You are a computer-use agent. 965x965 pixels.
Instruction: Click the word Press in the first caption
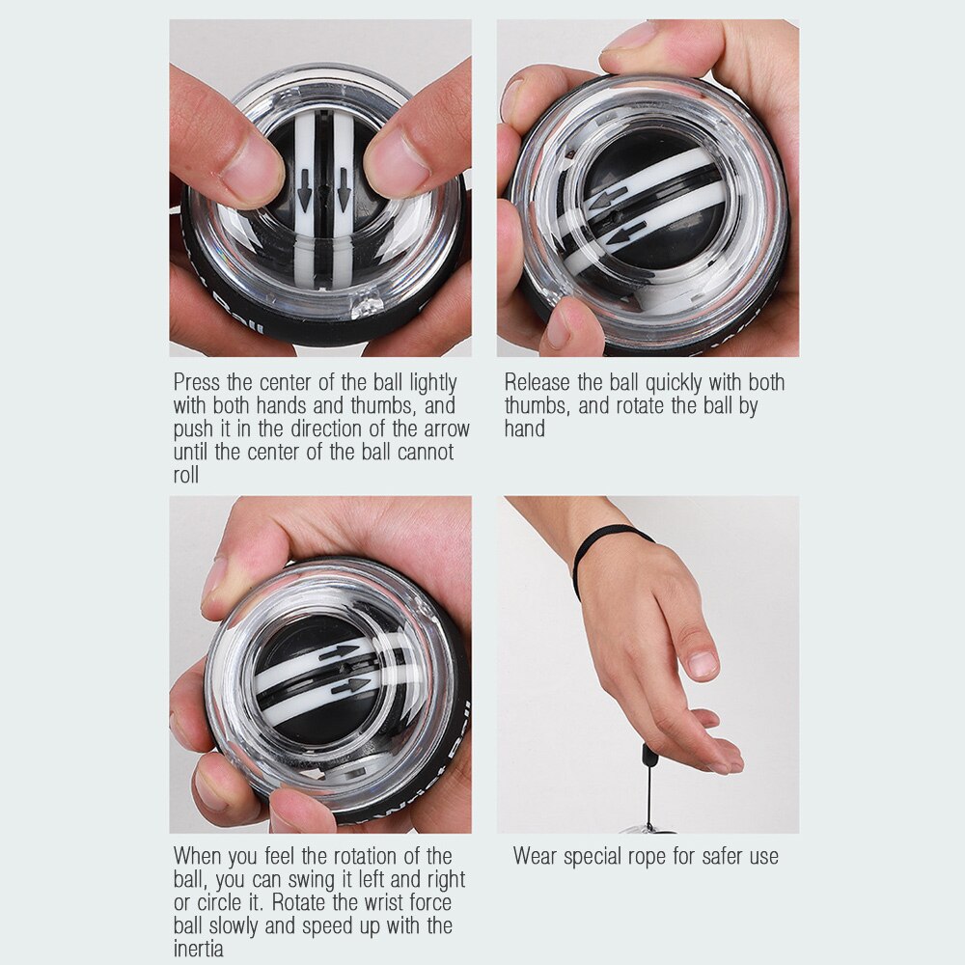click(199, 383)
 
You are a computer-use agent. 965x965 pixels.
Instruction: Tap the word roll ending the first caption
click(186, 476)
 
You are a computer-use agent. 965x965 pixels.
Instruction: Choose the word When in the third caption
click(200, 856)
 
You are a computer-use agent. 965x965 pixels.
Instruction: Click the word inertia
click(198, 949)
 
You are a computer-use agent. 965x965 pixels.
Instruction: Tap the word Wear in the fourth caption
click(536, 856)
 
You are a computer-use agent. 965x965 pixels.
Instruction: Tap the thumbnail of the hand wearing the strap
click(703, 664)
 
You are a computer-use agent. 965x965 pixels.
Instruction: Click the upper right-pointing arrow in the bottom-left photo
click(339, 653)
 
